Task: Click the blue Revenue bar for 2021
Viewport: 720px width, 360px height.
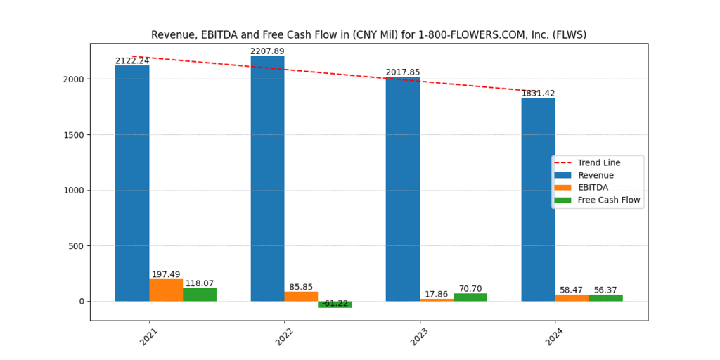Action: pos(132,183)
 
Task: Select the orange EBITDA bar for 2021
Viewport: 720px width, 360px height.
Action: pos(166,290)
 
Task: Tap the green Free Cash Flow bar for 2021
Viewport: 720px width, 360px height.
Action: pos(200,295)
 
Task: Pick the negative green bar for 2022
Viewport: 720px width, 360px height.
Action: pos(335,304)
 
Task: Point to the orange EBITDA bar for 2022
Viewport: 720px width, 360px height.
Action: pos(301,296)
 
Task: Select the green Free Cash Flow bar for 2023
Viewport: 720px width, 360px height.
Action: pos(470,297)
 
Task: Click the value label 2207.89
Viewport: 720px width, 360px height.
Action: pos(267,51)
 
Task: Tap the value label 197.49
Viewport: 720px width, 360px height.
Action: pos(166,274)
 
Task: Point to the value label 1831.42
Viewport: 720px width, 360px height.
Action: pos(538,93)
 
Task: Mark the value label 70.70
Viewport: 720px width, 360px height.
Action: pos(470,288)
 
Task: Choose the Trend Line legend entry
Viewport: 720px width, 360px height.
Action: pos(598,162)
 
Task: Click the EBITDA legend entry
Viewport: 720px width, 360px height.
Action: pos(593,188)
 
